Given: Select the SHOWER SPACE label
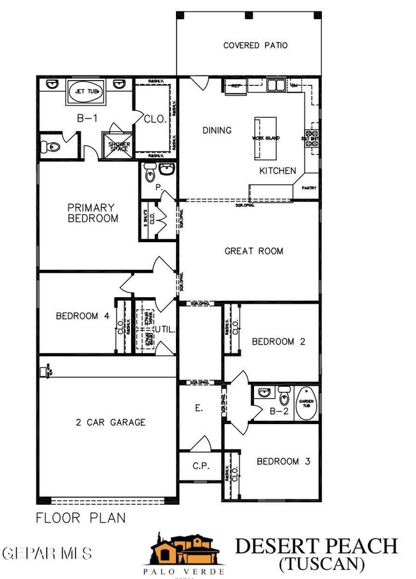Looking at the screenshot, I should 120,146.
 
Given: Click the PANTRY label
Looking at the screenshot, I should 310,188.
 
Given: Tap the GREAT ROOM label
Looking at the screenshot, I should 253,251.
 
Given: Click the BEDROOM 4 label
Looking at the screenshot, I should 77,316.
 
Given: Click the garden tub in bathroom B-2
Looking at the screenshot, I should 307,403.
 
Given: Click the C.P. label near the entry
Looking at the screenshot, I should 200,467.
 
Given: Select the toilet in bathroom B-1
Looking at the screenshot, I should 51,147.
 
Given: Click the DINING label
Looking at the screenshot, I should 217,130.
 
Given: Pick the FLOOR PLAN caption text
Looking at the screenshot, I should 81,518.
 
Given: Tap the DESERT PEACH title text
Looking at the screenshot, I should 316,546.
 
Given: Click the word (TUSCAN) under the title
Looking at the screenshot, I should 322,564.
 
